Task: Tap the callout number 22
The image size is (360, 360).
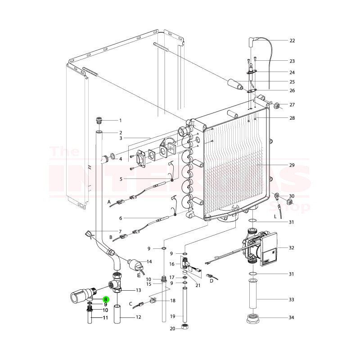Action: (292, 40)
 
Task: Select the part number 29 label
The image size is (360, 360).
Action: (292, 166)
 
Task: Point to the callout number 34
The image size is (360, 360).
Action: (292, 318)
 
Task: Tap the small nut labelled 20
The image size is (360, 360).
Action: (184, 327)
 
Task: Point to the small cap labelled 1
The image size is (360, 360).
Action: (99, 120)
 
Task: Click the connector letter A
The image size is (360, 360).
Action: (109, 202)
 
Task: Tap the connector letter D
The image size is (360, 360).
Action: (211, 281)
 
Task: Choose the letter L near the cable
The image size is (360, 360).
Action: (275, 217)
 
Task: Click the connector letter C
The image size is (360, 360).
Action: (131, 304)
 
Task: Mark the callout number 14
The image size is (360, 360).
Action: (149, 261)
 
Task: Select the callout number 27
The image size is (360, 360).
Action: (292, 105)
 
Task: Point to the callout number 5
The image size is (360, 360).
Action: (121, 179)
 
